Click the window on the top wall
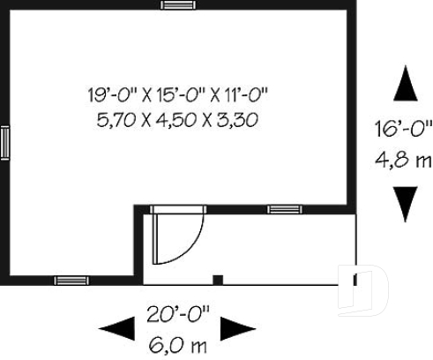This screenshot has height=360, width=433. pyautogui.click(x=176, y=4)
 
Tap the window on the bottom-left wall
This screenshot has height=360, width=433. pyautogui.click(x=71, y=281)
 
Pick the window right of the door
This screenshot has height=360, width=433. pyautogui.click(x=281, y=210)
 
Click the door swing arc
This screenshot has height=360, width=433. pyautogui.click(x=190, y=243)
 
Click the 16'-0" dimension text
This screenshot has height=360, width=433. pyautogui.click(x=401, y=130)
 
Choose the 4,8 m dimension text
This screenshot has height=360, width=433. pyautogui.click(x=401, y=160)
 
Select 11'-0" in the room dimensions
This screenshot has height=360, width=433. pyautogui.click(x=240, y=94)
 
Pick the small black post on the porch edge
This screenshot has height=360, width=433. pyautogui.click(x=218, y=281)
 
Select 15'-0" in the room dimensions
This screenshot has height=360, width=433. pyautogui.click(x=176, y=94)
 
